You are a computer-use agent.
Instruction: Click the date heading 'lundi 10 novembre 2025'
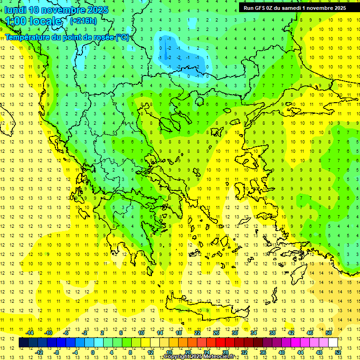tap(56, 10)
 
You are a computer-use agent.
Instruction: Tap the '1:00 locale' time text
tap(33, 21)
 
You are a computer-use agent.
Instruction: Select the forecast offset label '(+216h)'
tap(83, 21)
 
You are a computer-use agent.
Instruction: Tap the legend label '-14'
tap(30, 332)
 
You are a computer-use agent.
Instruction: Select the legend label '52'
tap(338, 352)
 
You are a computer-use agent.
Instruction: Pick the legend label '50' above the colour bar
tap(328, 332)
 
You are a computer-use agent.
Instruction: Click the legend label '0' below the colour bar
tap(93, 352)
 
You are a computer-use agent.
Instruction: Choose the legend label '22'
tap(197, 332)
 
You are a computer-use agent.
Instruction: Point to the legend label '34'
tap(253, 332)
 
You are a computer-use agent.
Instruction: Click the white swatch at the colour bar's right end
tap(333, 343)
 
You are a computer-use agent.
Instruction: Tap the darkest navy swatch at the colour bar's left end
tap(23, 343)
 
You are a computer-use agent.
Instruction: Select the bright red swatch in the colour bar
tap(220, 343)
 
